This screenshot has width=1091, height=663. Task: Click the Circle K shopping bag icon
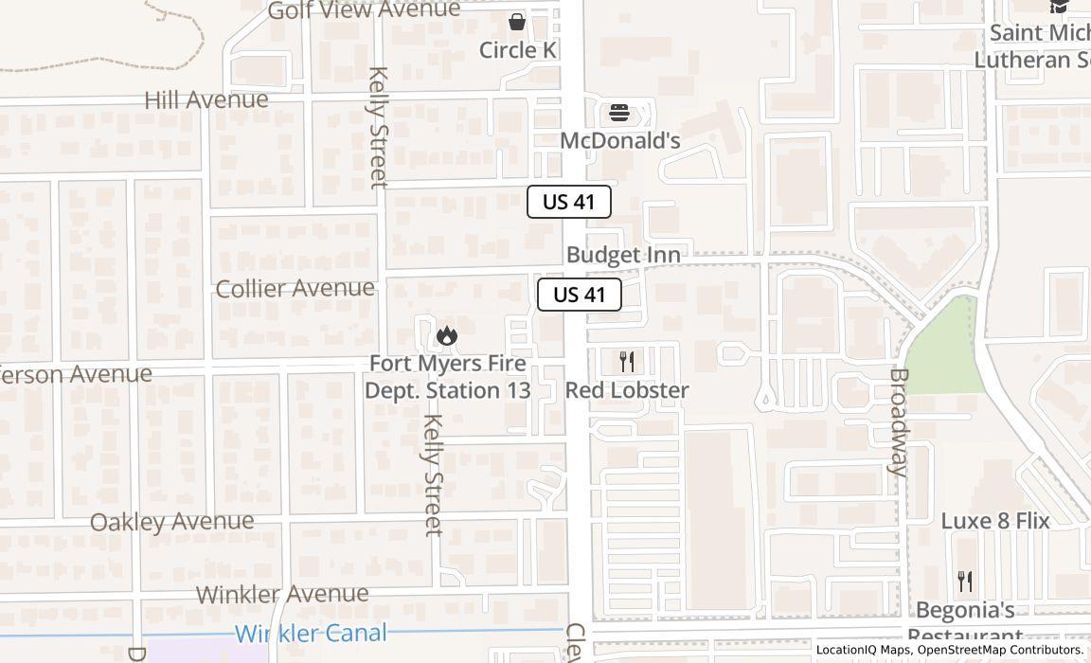(517, 21)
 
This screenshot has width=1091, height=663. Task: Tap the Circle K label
(517, 49)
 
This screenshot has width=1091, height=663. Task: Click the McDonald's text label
(620, 140)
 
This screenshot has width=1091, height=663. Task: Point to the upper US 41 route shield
(569, 202)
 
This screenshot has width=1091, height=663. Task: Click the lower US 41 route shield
(580, 295)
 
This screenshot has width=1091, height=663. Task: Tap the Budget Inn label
(623, 255)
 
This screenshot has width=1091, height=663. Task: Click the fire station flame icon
(447, 335)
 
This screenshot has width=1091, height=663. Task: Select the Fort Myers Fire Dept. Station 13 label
(447, 377)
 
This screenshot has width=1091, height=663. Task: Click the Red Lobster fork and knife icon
(626, 361)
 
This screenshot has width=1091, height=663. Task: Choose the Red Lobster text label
(627, 389)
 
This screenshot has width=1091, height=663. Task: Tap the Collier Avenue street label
(295, 288)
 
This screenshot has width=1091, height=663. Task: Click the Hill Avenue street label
(206, 99)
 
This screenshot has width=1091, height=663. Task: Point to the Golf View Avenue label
(364, 10)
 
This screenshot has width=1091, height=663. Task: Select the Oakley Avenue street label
(172, 522)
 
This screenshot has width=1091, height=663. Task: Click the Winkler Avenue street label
(282, 595)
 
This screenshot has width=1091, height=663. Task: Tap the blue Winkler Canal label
(312, 634)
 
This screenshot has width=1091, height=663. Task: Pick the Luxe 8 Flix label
(995, 520)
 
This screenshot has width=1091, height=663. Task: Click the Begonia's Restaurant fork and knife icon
(965, 581)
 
